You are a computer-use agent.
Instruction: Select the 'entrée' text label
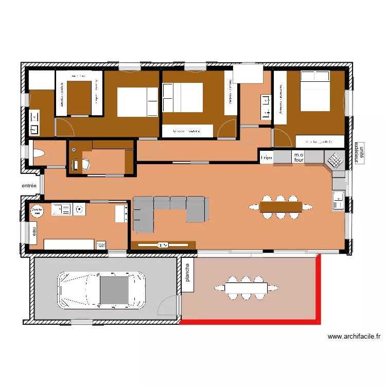[x=29, y=186]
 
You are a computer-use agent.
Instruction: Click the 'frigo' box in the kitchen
[x=266, y=157]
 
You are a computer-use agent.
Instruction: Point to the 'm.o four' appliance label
[x=299, y=157]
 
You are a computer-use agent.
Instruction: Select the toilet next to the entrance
[x=39, y=154]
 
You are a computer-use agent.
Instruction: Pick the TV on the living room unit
[x=163, y=245]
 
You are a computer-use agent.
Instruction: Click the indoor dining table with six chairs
[x=280, y=206]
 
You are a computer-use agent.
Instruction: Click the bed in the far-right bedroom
[x=314, y=91]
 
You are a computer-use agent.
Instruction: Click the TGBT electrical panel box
[x=101, y=245]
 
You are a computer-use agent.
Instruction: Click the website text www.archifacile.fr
[x=354, y=337]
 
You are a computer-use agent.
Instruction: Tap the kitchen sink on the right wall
[x=338, y=200]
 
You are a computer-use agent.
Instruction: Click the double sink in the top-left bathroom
[x=35, y=122]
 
